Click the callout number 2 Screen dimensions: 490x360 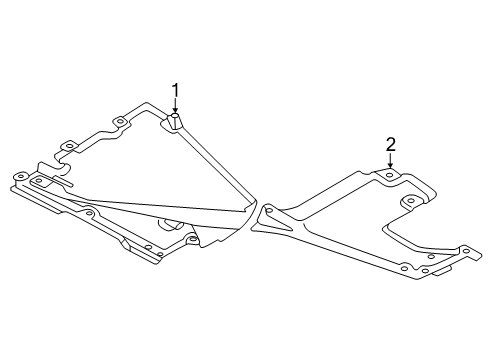click(x=390, y=145)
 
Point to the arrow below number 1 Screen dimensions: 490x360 click(x=175, y=107)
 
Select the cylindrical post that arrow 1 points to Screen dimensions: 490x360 click(x=176, y=121)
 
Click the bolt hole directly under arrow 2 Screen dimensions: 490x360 click(x=389, y=175)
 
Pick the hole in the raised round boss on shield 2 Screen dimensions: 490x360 click(x=412, y=200)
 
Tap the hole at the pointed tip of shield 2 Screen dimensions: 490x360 click(x=269, y=210)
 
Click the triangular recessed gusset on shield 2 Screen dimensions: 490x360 click(x=276, y=221)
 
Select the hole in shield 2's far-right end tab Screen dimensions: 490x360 click(x=467, y=251)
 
